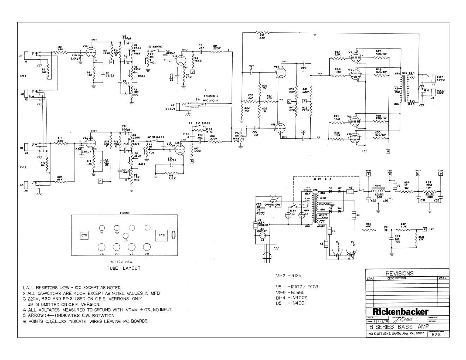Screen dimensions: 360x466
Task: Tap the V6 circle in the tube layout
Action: tap(102, 247)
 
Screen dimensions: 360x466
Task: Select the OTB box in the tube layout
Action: tap(84, 235)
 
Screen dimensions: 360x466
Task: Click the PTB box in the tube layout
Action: tap(161, 235)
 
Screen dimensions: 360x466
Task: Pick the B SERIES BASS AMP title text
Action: tap(396, 327)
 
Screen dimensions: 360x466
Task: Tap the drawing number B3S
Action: tap(436, 335)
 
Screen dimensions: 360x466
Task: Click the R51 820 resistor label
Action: tap(262, 36)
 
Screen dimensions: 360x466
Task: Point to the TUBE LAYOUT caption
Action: tap(124, 268)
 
